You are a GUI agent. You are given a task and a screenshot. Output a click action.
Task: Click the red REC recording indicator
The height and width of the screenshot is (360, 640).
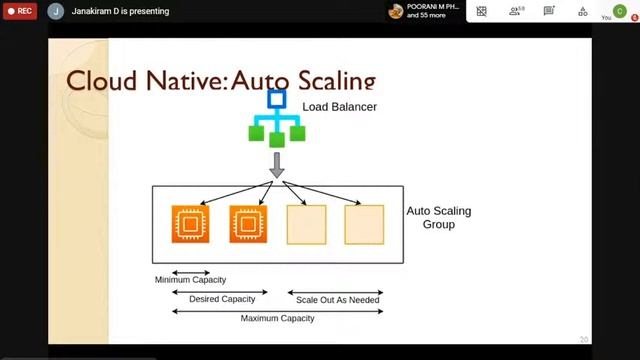click(x=19, y=11)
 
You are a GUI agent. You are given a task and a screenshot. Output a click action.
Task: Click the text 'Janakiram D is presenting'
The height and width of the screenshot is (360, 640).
click(x=120, y=12)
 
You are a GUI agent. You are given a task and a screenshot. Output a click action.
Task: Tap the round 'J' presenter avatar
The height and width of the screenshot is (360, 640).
click(x=55, y=12)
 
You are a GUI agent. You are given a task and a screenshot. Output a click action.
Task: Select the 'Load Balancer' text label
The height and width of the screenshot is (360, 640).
click(x=339, y=106)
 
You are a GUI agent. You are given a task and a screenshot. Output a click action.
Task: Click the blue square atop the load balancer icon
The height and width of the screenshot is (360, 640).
click(x=277, y=99)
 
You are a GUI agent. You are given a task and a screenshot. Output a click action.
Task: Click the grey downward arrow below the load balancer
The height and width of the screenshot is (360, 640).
click(x=277, y=165)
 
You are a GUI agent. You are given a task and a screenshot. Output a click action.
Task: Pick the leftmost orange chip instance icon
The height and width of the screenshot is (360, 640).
click(x=190, y=224)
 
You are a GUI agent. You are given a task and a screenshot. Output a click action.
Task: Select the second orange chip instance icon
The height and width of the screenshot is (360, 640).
click(x=248, y=224)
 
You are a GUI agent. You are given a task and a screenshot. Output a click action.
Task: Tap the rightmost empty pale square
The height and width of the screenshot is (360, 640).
click(x=364, y=224)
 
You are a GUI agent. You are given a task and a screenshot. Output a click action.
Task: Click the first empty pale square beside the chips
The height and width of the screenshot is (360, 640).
click(x=306, y=224)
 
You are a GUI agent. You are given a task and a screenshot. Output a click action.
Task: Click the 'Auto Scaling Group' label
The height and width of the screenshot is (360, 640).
click(x=438, y=218)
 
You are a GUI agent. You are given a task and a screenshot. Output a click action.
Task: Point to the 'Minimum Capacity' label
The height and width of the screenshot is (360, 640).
click(x=190, y=280)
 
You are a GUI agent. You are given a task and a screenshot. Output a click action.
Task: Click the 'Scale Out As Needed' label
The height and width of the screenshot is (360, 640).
click(x=337, y=299)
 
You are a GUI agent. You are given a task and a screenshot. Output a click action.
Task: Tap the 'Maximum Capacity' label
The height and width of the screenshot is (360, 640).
click(x=277, y=318)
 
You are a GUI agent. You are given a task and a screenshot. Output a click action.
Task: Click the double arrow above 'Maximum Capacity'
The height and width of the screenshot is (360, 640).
click(x=277, y=310)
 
